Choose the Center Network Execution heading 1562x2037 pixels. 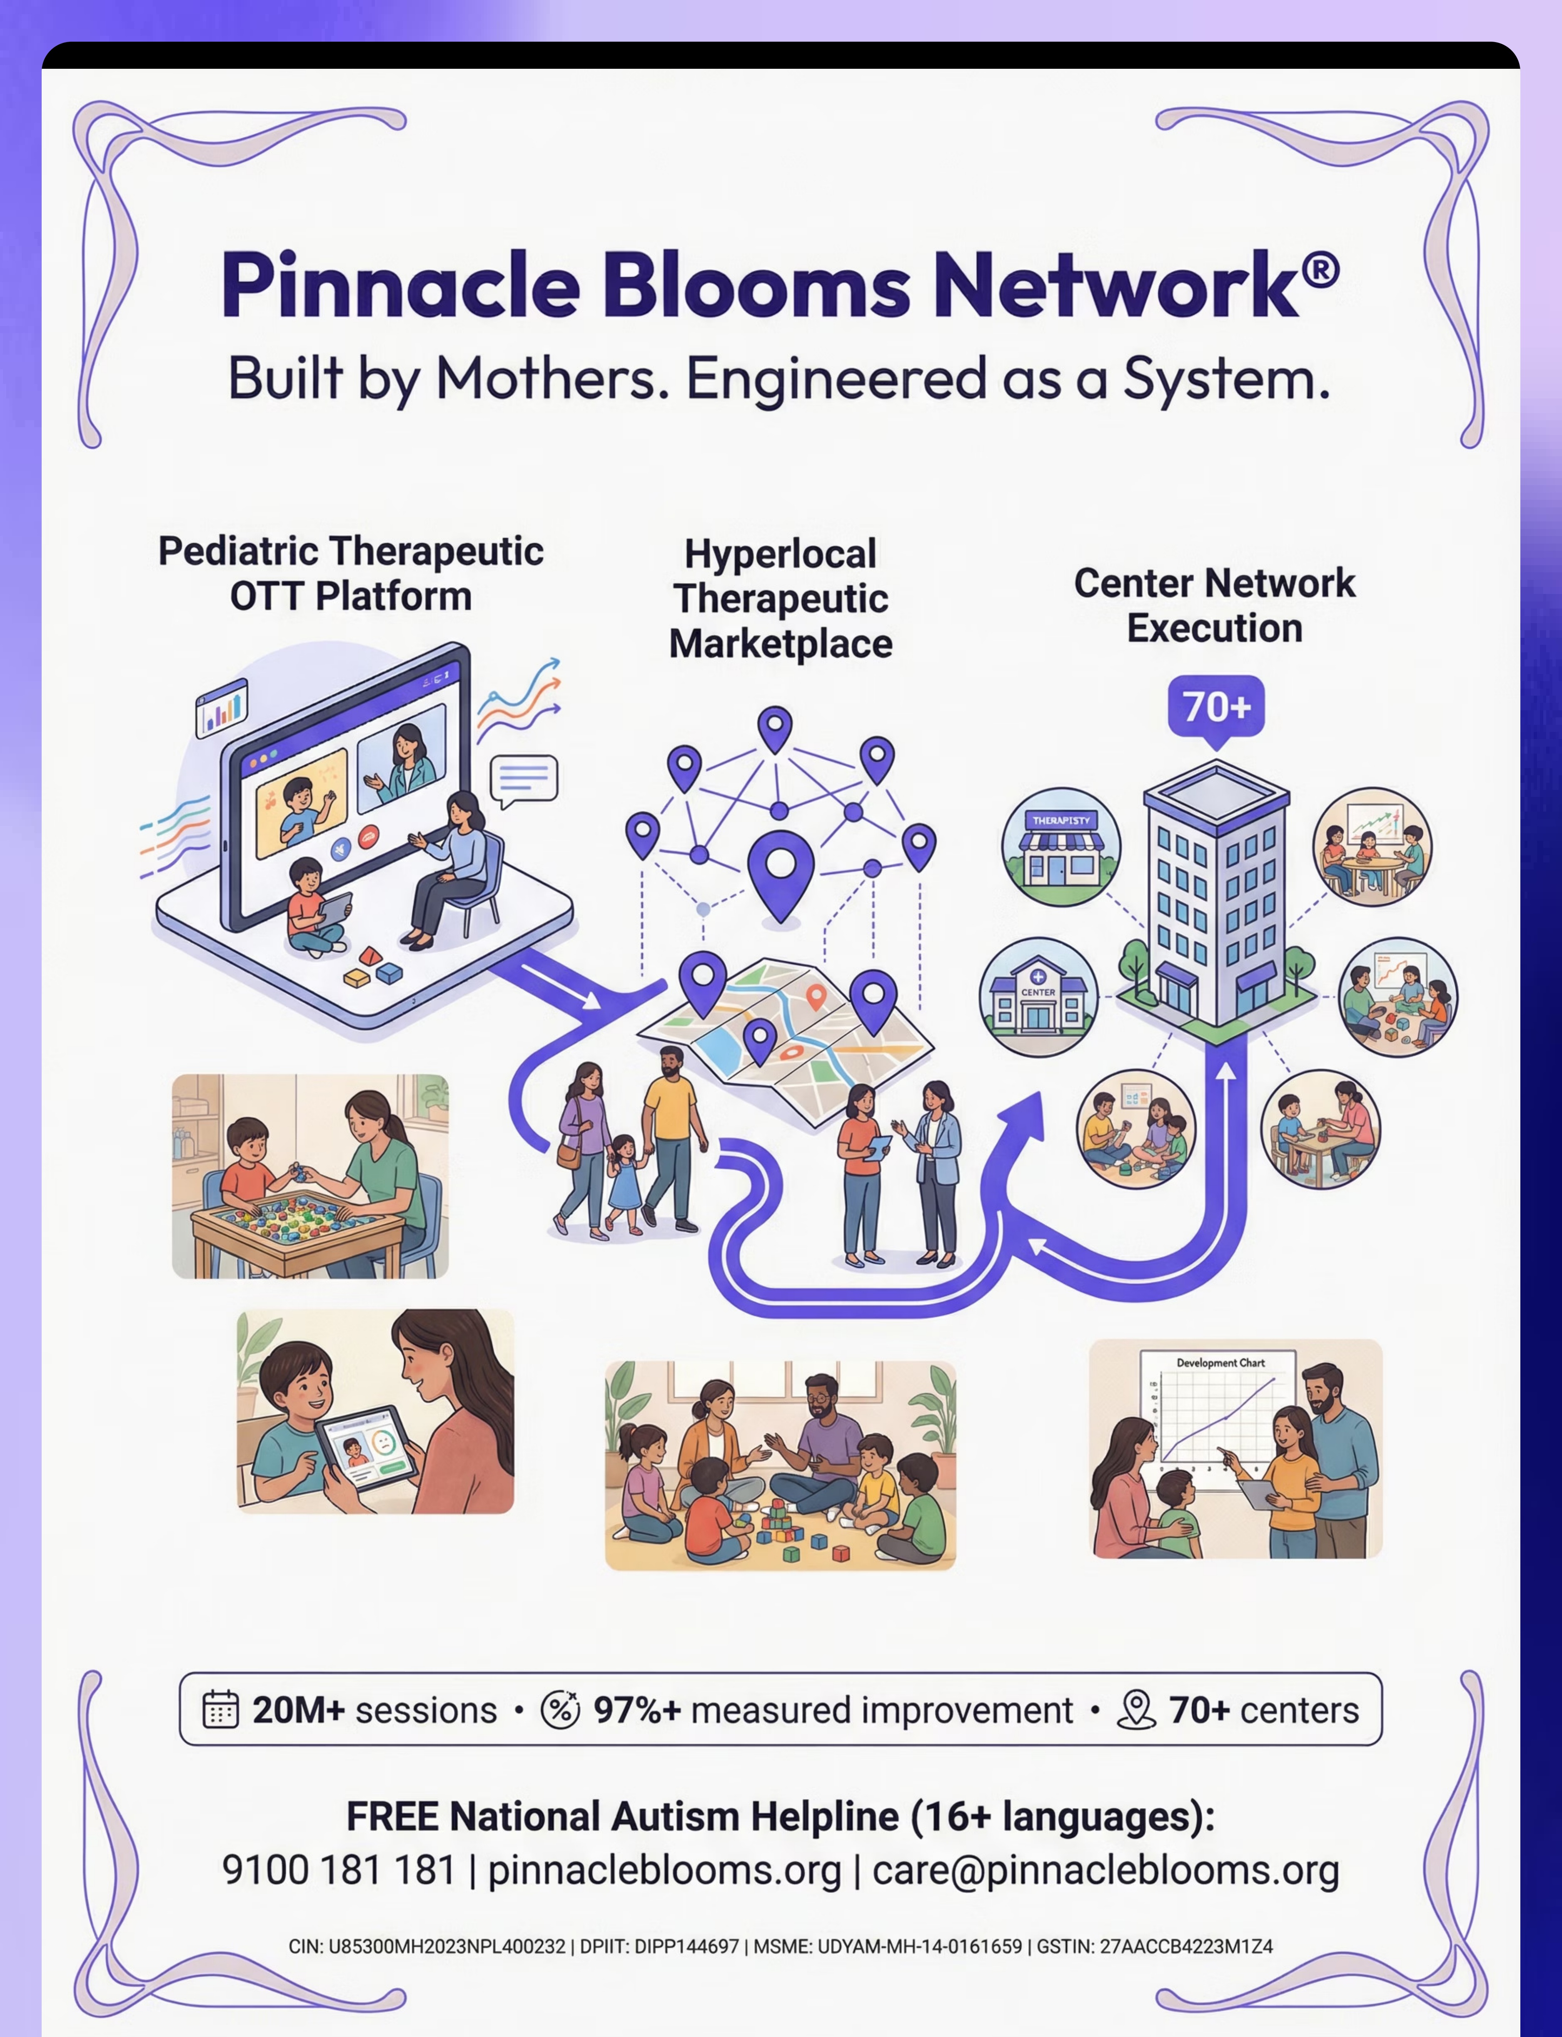pos(1214,606)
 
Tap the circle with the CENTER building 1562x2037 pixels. pos(1038,996)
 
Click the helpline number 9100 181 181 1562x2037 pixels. pos(338,1869)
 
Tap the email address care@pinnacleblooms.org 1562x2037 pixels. pos(1105,1869)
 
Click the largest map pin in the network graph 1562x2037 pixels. pos(781,872)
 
